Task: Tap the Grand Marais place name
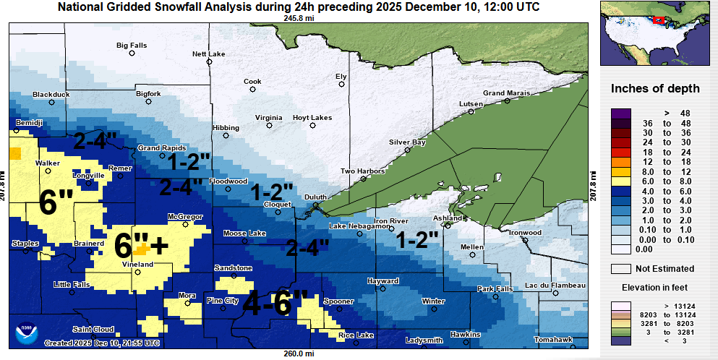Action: (x=506, y=93)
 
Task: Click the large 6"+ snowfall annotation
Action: (x=142, y=245)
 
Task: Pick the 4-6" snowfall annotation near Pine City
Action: (x=275, y=303)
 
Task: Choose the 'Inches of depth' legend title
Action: (x=655, y=89)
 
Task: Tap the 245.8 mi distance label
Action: (x=298, y=18)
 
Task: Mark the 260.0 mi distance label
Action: (x=298, y=353)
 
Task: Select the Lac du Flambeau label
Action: (x=555, y=286)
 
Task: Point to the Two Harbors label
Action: (x=360, y=171)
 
